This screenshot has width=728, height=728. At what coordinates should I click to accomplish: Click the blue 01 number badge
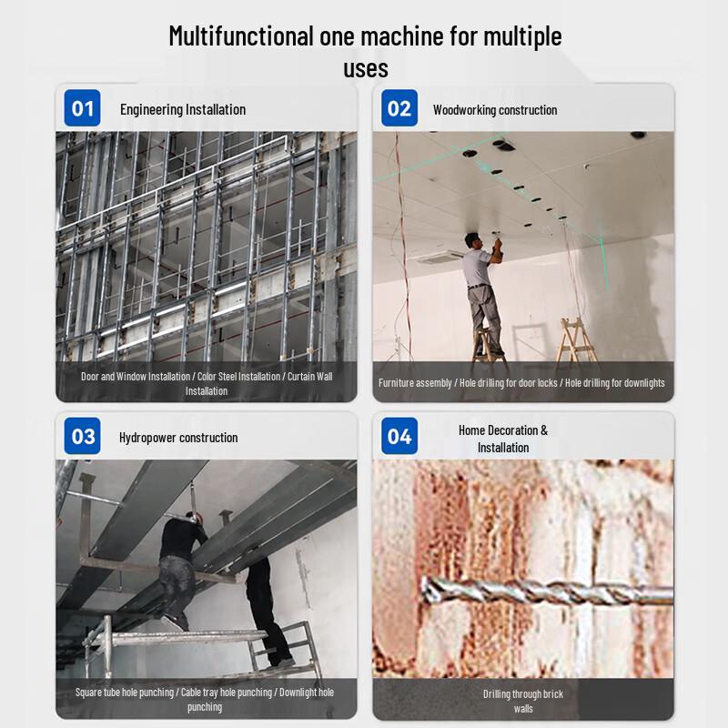(82, 108)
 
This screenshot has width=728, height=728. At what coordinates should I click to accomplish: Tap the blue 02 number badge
(399, 108)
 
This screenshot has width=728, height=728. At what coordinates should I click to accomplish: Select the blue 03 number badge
(82, 436)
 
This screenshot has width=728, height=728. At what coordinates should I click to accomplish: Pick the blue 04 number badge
(399, 436)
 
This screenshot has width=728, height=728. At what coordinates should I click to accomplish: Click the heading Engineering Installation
(183, 109)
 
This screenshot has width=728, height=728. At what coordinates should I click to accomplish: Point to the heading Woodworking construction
(495, 110)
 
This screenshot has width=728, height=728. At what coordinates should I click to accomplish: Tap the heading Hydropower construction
(178, 438)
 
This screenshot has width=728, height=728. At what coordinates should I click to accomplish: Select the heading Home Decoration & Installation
(503, 439)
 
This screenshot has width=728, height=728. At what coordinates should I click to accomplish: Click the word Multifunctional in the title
(241, 36)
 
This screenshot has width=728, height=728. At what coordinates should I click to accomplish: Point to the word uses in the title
(366, 69)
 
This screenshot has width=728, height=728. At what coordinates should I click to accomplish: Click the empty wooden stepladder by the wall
(576, 338)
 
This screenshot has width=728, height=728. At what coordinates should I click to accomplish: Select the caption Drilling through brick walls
(523, 701)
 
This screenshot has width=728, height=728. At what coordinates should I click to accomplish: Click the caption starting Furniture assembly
(521, 383)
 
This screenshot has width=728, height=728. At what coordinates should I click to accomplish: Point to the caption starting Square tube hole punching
(205, 699)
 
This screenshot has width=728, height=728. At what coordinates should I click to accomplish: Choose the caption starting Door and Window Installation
(207, 383)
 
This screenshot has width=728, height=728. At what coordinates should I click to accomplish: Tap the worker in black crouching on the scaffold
(182, 571)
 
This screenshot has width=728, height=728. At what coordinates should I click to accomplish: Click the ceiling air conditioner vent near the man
(440, 258)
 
